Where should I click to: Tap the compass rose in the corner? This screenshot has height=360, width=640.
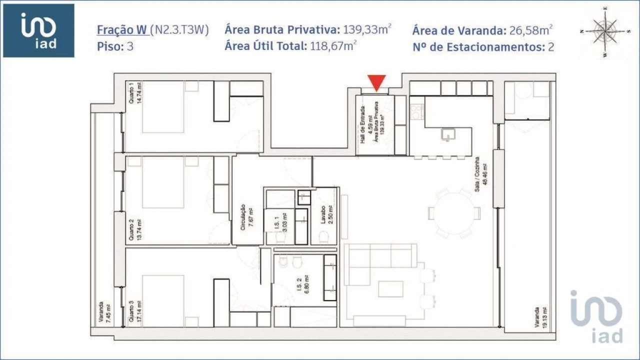605,31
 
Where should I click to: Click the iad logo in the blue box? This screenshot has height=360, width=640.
38,30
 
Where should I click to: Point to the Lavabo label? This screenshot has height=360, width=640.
327,216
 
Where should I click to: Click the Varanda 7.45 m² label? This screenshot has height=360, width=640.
104,313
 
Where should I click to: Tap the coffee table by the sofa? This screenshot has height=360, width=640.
390,289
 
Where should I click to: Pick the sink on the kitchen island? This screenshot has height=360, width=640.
448,134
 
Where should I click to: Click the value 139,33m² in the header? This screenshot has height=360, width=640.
366,29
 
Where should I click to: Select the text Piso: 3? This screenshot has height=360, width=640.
115,47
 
